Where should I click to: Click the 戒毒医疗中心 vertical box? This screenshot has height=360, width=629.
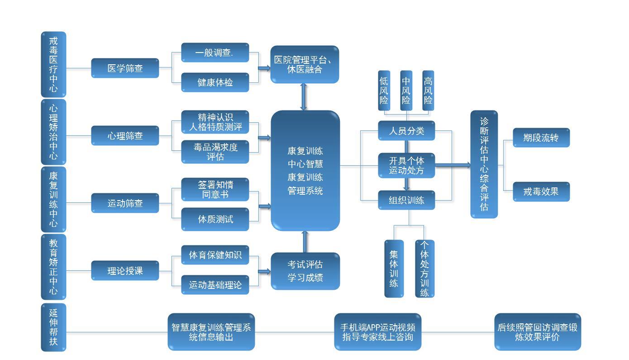coord(53,64)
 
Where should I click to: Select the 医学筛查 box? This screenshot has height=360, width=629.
coord(125,68)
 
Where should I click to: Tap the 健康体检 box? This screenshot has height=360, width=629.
coord(215,82)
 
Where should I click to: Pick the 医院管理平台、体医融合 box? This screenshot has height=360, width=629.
coord(305,64)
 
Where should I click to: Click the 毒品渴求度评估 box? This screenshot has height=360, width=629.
coord(215,152)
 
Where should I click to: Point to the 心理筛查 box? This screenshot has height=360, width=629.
coord(125,136)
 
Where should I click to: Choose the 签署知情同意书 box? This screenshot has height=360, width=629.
coord(215,189)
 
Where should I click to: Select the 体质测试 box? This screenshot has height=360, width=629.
coord(215,219)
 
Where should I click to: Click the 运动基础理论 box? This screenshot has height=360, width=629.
coord(215,285)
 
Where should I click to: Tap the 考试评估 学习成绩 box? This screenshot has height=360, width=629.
coord(305,271)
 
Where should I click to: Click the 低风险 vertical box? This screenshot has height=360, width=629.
coord(384,90)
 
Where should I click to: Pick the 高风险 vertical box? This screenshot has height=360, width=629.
coord(428,90)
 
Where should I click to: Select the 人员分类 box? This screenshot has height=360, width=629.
coord(406,131)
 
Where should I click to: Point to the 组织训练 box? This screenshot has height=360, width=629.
coord(406,200)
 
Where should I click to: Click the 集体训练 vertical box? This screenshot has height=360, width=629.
coord(394,269)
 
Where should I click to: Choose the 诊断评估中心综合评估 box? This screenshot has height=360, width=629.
coord(484,164)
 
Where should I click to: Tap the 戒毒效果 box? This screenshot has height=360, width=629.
coord(541,192)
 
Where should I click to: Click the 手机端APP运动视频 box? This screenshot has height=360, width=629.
coord(377,332)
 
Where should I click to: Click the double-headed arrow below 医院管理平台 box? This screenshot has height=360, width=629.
coord(304,97)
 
